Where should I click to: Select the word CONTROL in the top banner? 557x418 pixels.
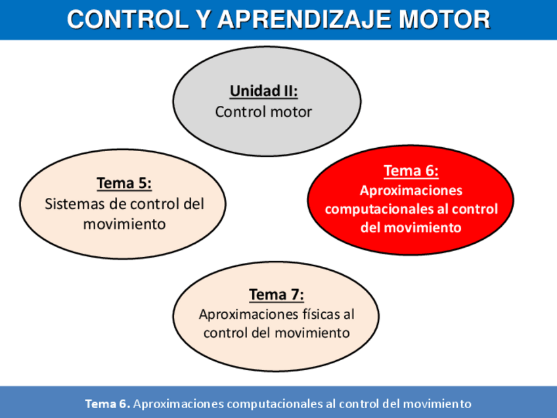tap(120, 20)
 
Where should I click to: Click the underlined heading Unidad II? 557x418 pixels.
tap(263, 91)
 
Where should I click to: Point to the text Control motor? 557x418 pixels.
tap(263, 112)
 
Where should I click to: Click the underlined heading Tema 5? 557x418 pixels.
tap(124, 182)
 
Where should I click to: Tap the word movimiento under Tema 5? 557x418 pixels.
tap(124, 223)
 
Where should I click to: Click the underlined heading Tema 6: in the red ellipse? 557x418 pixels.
tap(411, 171)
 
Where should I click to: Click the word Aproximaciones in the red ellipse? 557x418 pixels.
tap(411, 191)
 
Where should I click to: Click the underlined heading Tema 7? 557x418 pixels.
tap(277, 294)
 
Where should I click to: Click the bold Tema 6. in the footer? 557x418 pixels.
tap(108, 404)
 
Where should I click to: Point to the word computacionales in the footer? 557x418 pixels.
tap(275, 404)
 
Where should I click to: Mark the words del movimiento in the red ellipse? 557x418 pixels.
tap(411, 228)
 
